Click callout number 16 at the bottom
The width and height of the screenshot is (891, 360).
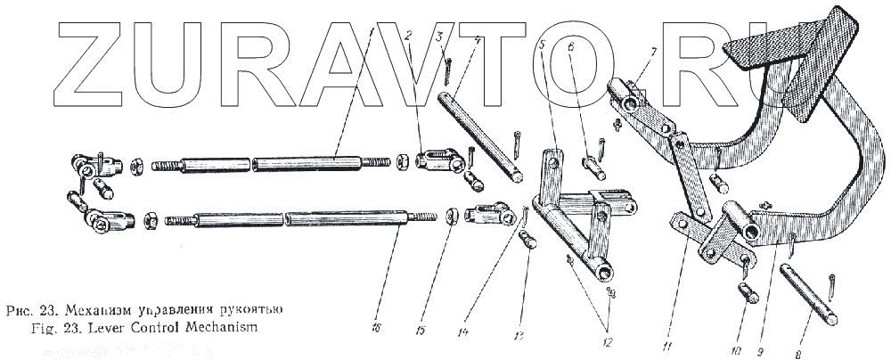click(377, 330)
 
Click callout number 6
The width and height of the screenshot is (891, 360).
click(570, 45)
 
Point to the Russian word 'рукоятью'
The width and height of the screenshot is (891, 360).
click(254, 311)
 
